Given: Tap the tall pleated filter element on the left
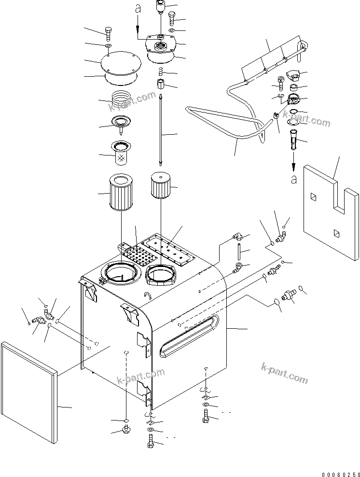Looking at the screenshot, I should click(121, 195).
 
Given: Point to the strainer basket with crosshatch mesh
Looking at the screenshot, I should click(121, 152).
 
